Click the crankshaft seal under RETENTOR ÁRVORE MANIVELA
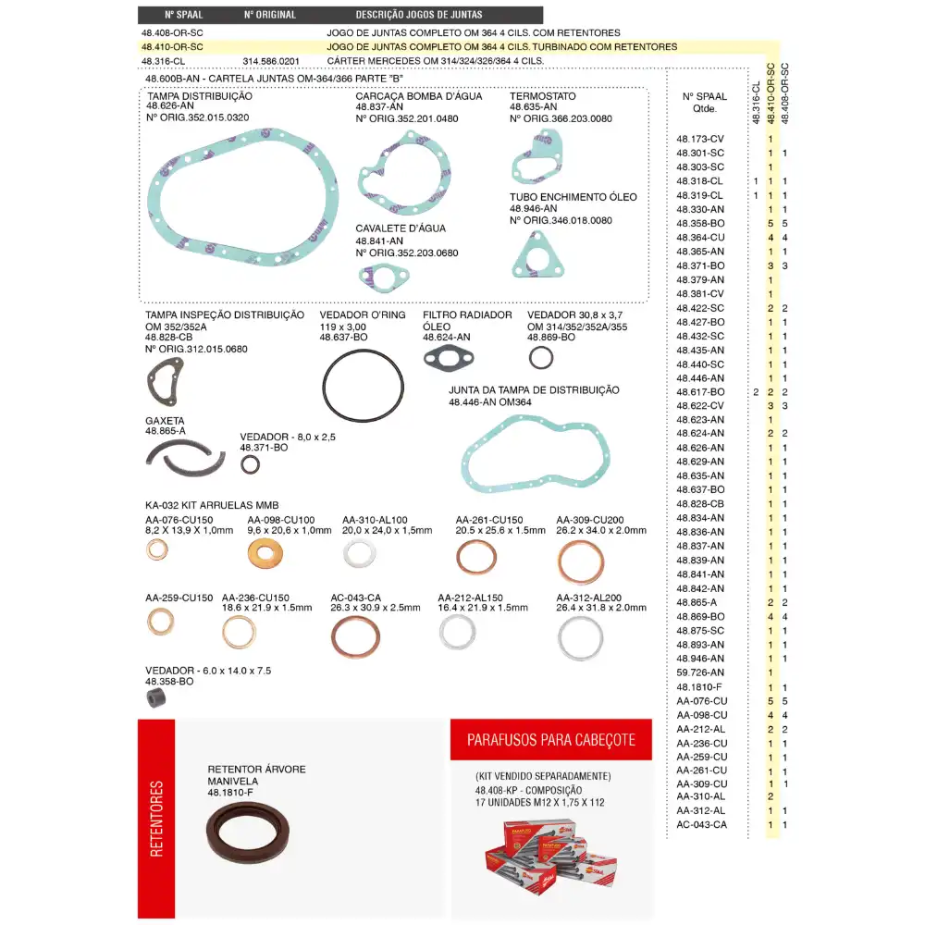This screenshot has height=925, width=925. pyautogui.click(x=248, y=836)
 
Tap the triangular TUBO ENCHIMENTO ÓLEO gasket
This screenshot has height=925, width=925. pyautogui.click(x=537, y=255)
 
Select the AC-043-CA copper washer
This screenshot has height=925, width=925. pyautogui.click(x=355, y=637)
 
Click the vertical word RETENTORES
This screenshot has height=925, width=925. pyautogui.click(x=156, y=819)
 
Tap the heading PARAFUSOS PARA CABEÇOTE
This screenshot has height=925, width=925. pyautogui.click(x=551, y=740)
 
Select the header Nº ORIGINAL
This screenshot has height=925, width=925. pyautogui.click(x=270, y=15)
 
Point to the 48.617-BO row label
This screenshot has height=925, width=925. pyautogui.click(x=700, y=392)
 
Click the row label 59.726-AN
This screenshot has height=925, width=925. pyautogui.click(x=700, y=672)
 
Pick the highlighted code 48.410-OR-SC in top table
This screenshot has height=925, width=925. pyautogui.click(x=172, y=46)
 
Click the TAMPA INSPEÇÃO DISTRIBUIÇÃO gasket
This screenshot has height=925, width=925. pyautogui.click(x=166, y=382)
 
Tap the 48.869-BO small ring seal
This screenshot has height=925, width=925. pyautogui.click(x=541, y=357)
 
